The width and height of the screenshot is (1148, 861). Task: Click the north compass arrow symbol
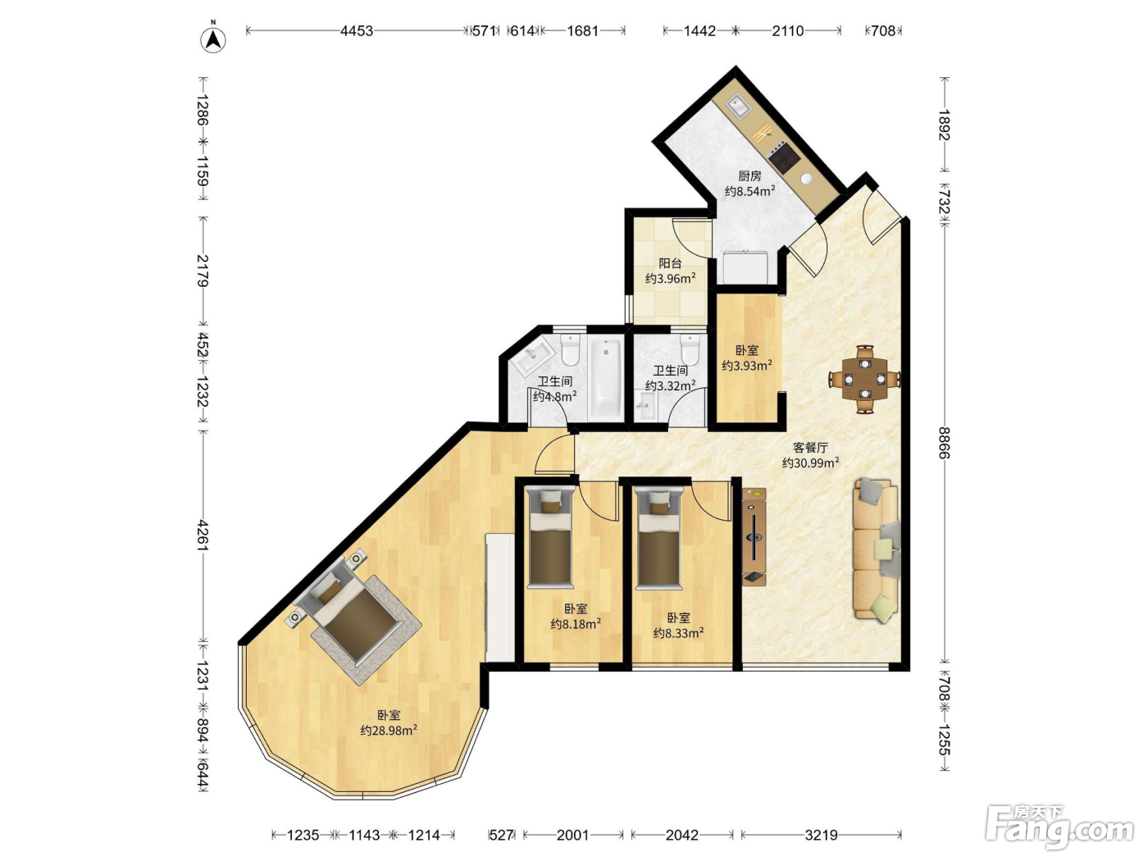click(x=213, y=39)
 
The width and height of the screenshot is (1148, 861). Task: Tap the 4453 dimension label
click(x=357, y=31)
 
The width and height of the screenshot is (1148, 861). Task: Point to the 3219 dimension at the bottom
click(x=821, y=836)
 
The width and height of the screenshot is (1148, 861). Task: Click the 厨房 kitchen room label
click(x=749, y=176)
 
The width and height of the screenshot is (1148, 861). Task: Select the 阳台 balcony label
click(x=670, y=263)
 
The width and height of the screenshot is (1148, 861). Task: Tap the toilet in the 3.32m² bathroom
click(x=690, y=350)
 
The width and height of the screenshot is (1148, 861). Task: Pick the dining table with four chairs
click(x=864, y=379)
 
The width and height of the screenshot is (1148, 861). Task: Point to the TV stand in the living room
click(x=754, y=537)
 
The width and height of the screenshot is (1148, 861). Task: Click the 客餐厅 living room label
click(x=811, y=448)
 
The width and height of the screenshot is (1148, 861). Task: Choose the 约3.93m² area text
click(x=747, y=366)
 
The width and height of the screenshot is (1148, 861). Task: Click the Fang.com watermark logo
click(x=1059, y=830)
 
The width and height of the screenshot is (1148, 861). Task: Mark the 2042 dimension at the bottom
click(x=681, y=836)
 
